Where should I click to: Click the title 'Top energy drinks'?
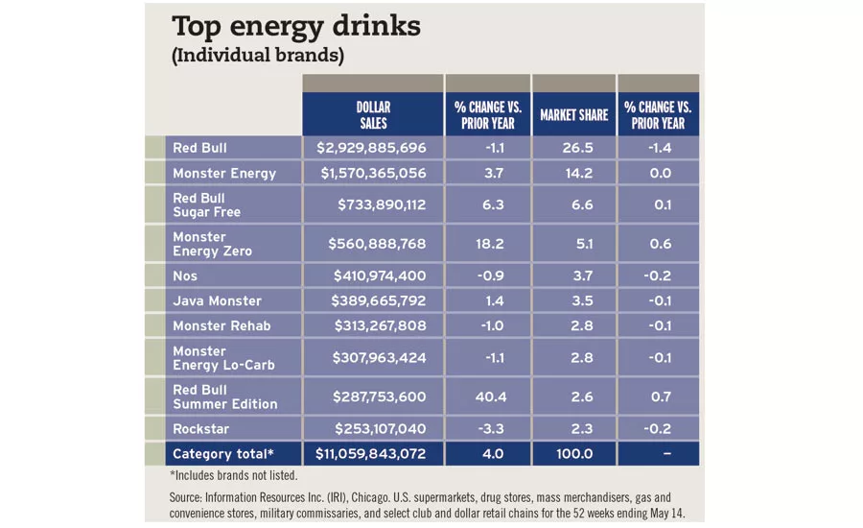coord(295,26)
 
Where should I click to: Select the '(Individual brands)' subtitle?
coord(257,56)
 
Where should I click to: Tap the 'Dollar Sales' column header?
coord(373,114)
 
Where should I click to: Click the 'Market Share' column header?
coord(573,114)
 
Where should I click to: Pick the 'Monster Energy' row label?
coord(224,174)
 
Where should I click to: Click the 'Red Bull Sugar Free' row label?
coord(206,204)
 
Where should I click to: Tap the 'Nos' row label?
coord(185,276)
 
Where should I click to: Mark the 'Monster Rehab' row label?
coord(222,325)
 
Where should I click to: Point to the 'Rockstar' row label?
coord(201,429)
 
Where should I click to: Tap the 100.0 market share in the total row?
coord(573,454)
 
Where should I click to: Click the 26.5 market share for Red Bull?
coord(573,148)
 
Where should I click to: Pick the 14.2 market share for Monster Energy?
coord(573,174)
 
